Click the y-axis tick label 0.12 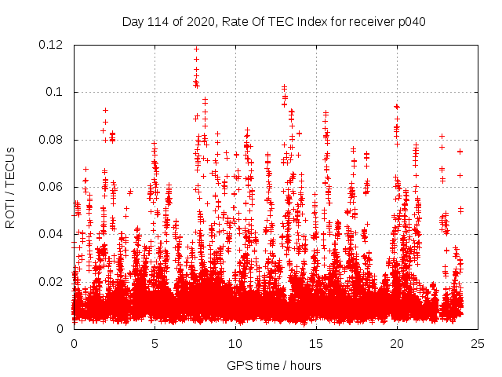[x=51, y=45]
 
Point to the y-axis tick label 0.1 [x=55, y=92]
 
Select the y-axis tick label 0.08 [x=51, y=140]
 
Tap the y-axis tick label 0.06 [x=51, y=187]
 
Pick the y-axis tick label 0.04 [x=51, y=234]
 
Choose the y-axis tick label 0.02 [x=51, y=281]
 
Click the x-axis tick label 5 [x=155, y=343]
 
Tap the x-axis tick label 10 [x=235, y=343]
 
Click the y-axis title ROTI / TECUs [x=11, y=187]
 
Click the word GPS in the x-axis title [x=238, y=365]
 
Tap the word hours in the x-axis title [x=305, y=365]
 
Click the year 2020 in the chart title [x=199, y=21]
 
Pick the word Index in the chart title [x=315, y=21]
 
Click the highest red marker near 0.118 [x=196, y=49]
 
